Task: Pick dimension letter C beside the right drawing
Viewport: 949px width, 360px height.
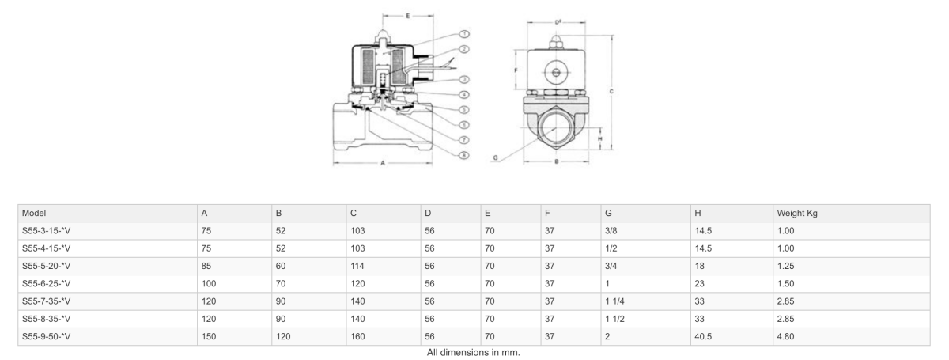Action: pos(611,91)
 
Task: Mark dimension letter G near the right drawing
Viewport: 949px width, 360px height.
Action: pos(495,157)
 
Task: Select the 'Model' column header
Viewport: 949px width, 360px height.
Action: pos(35,213)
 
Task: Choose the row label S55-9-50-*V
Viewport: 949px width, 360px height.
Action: pos(47,336)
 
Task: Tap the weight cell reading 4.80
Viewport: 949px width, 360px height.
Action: pos(786,336)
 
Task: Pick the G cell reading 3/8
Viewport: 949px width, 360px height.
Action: pos(611,231)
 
